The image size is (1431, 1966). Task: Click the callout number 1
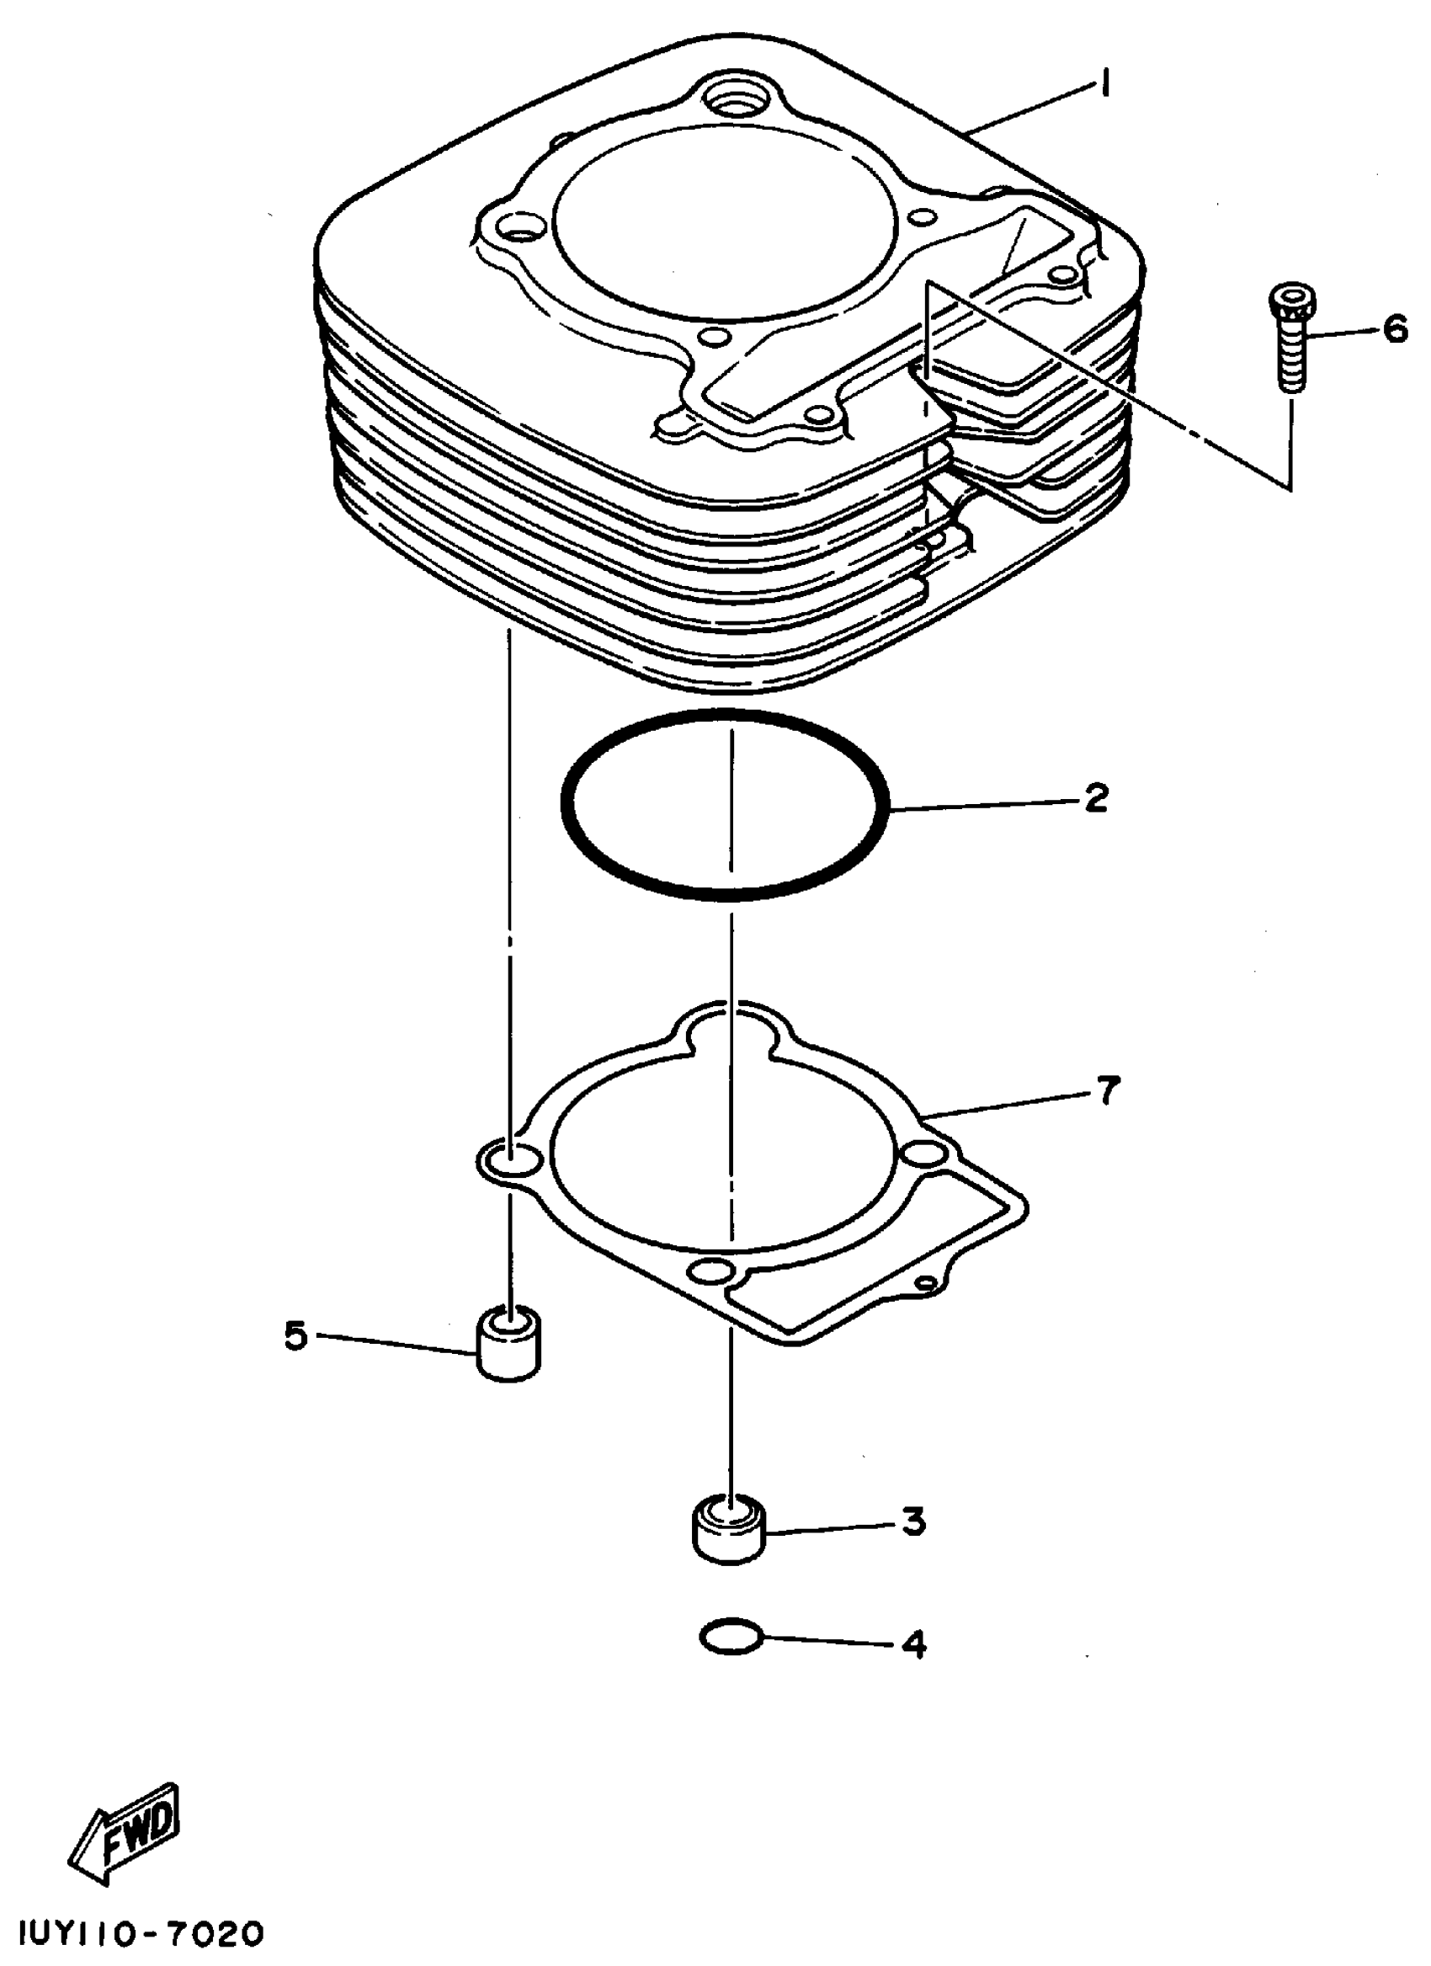click(x=1105, y=87)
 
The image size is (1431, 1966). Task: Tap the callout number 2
click(x=1096, y=797)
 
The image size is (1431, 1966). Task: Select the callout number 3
click(x=913, y=1522)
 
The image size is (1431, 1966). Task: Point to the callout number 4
click(x=913, y=1644)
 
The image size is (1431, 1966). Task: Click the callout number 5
click(x=295, y=1336)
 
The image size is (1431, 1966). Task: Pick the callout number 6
click(x=1395, y=329)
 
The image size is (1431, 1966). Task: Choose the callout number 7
click(x=1109, y=1090)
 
